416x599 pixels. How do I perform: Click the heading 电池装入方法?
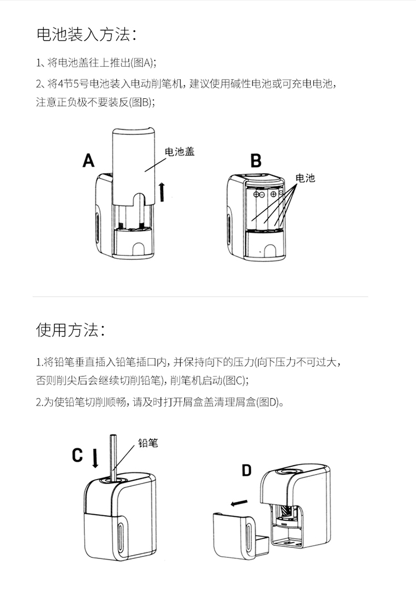[x=86, y=34]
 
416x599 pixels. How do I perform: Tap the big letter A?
[x=89, y=160]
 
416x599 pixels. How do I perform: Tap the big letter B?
[x=256, y=161]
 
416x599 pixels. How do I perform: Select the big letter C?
[x=78, y=455]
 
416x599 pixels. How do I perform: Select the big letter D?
[x=246, y=471]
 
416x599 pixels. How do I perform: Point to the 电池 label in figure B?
[x=305, y=178]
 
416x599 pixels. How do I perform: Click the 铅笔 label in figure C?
[x=148, y=442]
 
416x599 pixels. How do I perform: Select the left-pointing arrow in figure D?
[x=239, y=504]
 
